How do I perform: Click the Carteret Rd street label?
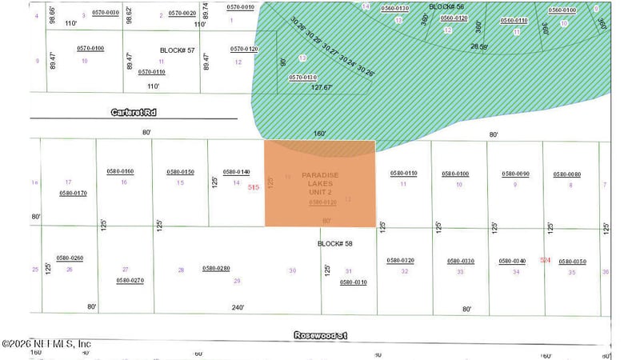pos(134,114)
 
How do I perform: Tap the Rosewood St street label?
pos(321,336)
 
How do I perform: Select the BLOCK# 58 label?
pos(335,243)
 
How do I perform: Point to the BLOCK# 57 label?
pos(178,50)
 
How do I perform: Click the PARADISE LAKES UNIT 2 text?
pos(320,184)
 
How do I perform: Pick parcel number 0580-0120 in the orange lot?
pos(322,202)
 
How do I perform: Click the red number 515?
pos(254,187)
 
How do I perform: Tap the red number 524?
pos(546,260)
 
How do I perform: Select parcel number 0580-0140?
pos(236,172)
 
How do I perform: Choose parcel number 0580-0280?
pos(216,269)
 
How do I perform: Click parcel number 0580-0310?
pos(354,282)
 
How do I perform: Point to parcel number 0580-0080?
pos(566,174)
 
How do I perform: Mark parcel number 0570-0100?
pos(90,49)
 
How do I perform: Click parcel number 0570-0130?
pos(302,78)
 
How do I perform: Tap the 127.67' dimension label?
pos(321,88)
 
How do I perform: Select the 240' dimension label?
pos(238,306)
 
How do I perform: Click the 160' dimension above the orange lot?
pos(320,134)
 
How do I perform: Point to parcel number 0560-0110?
pos(514,20)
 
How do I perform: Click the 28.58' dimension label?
pos(479,47)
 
